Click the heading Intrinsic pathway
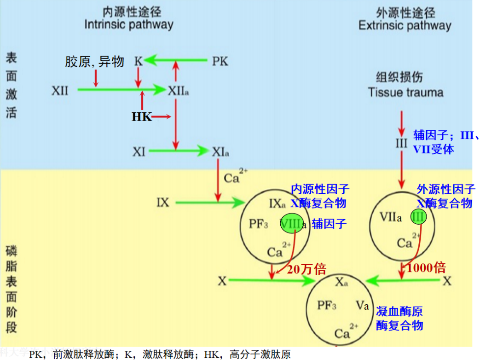(x=128, y=24)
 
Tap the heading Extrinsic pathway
(x=405, y=25)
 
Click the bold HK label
(x=142, y=117)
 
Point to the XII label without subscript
(x=60, y=90)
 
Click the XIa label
(x=220, y=151)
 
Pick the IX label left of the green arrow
(x=163, y=202)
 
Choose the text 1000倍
(x=426, y=267)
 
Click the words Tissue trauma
(x=405, y=93)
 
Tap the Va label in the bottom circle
(x=363, y=305)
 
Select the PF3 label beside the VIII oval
(x=258, y=225)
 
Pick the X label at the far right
(x=446, y=281)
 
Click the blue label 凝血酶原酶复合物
(x=399, y=318)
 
